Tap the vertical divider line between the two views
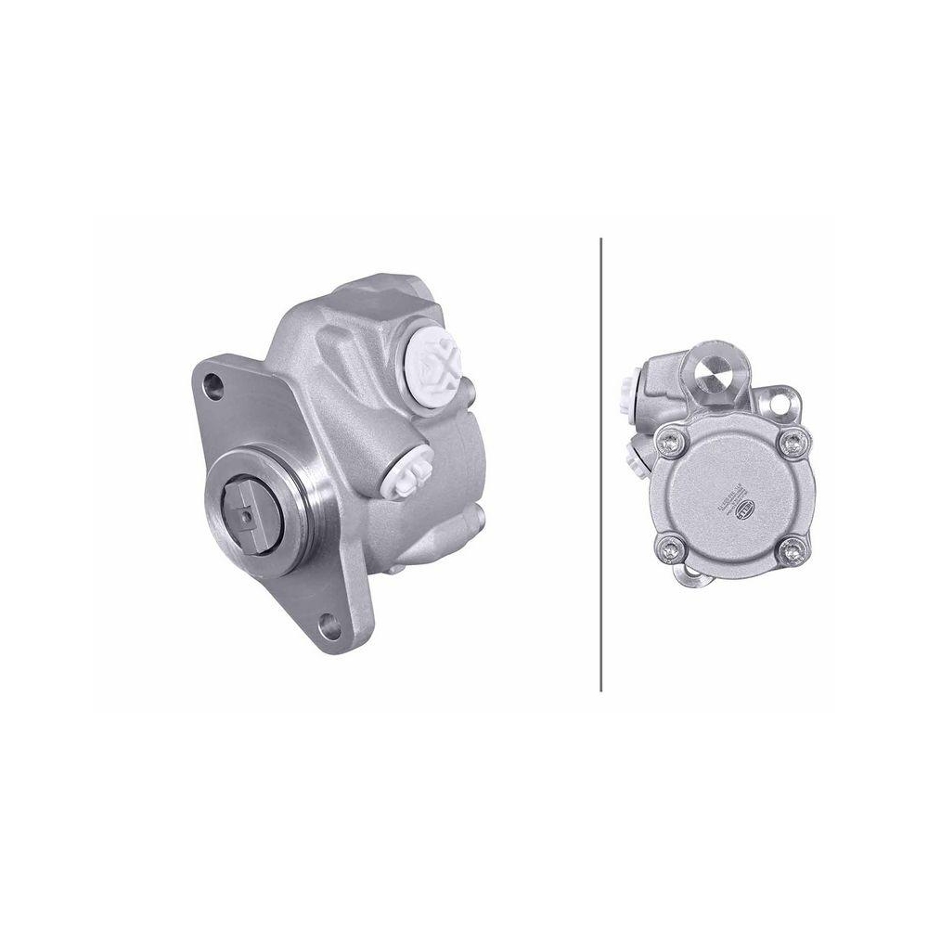point(601,464)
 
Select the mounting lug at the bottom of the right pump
point(690,580)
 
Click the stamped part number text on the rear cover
point(730,496)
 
